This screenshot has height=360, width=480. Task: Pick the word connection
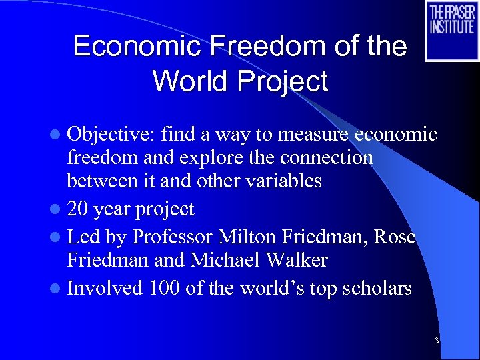coord(331,158)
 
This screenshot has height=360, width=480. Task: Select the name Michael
coord(222,260)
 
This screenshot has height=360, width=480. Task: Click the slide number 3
coord(436,341)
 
